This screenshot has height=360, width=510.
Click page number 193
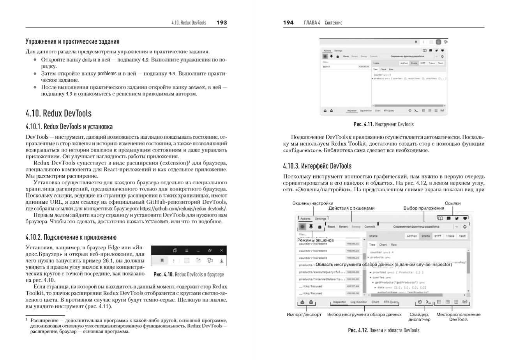(x=221, y=23)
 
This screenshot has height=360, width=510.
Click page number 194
(x=288, y=23)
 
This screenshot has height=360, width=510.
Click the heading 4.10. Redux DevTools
(x=58, y=113)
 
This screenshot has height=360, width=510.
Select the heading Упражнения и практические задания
(x=72, y=41)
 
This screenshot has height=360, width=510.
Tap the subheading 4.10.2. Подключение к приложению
(x=71, y=237)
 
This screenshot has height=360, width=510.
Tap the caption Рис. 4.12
(x=383, y=330)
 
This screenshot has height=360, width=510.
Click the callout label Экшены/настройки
(x=313, y=203)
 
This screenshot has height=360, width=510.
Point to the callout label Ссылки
(x=452, y=203)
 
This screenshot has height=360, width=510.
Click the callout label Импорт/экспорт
(x=304, y=314)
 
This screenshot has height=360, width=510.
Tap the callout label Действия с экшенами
(x=351, y=208)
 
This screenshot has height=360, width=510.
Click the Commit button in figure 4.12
(x=369, y=226)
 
